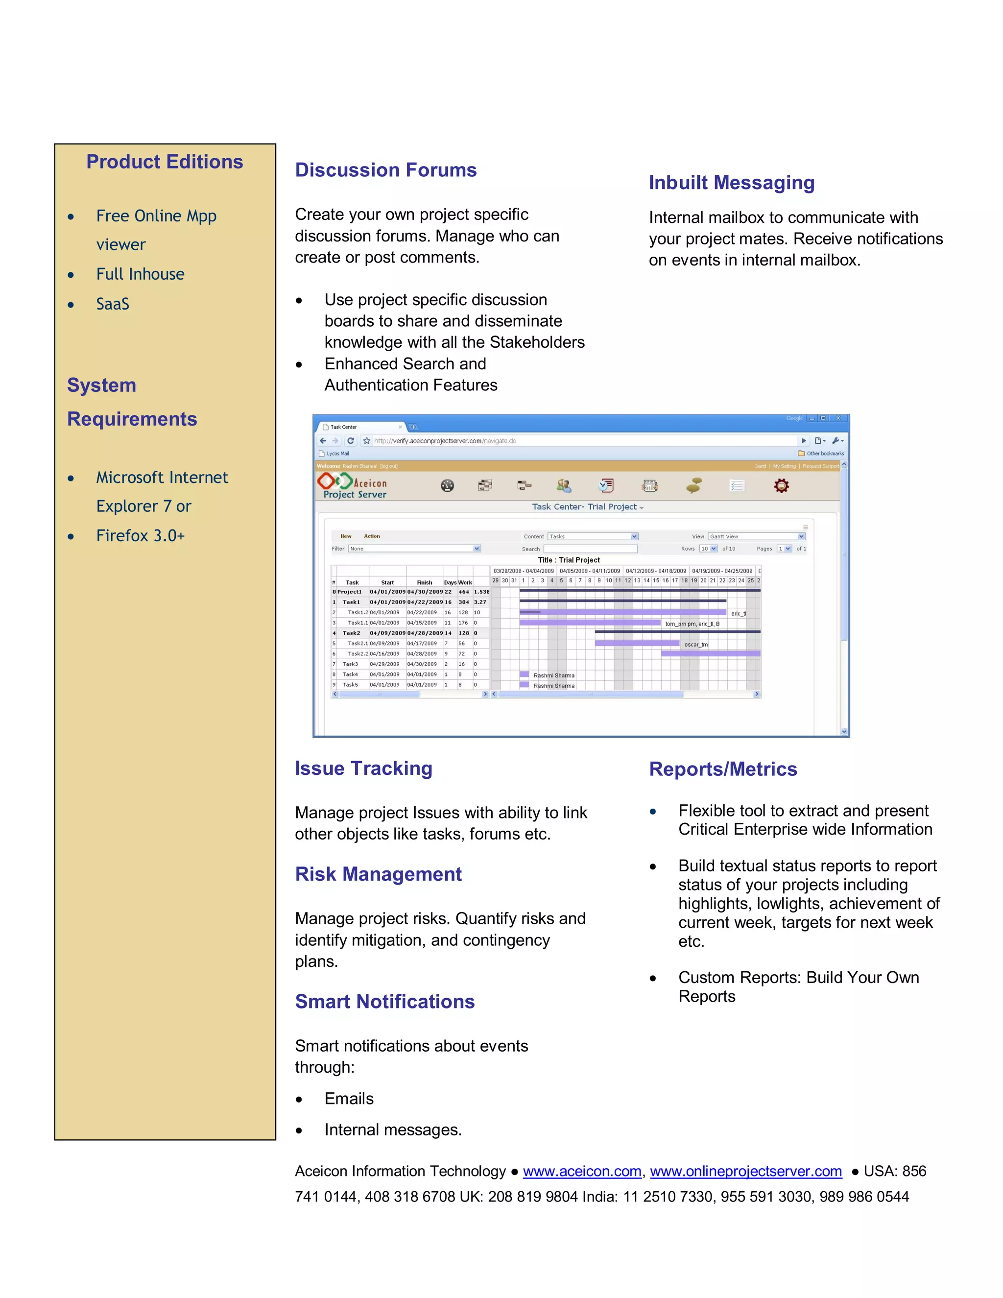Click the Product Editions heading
click(165, 162)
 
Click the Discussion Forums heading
click(385, 170)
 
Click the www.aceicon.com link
click(582, 1171)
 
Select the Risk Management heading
click(378, 874)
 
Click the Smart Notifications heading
click(384, 1002)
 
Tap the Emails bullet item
click(349, 1098)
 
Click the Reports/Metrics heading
click(722, 769)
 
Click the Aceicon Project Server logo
click(352, 485)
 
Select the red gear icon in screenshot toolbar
click(781, 485)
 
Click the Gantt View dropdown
click(756, 536)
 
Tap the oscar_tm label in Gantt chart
click(695, 644)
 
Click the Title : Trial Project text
click(569, 560)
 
